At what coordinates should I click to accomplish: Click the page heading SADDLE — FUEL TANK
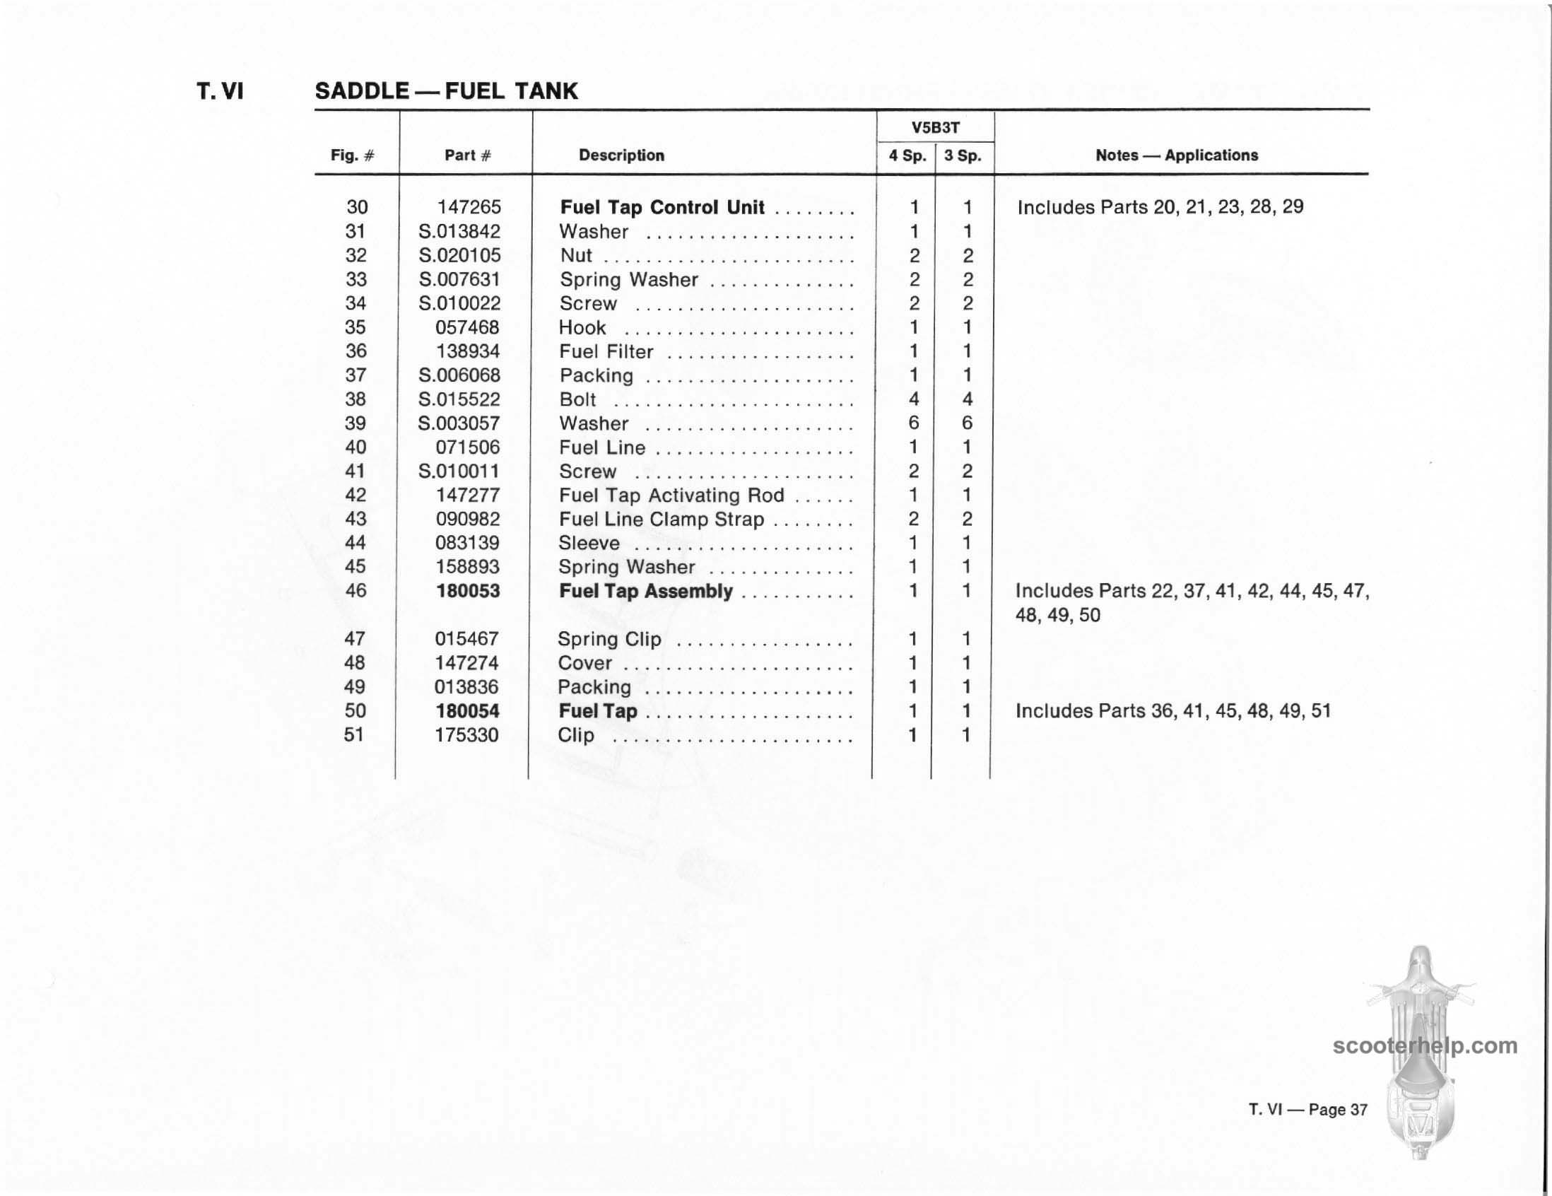446,91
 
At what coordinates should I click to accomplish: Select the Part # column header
468,155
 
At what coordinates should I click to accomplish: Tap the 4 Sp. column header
907,155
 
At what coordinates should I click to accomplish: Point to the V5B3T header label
935,128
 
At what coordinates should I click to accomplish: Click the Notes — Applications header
1176,155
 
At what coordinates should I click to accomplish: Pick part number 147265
469,207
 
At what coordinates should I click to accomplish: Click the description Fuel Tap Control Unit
662,208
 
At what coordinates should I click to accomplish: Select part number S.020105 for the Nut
460,255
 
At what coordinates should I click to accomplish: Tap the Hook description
582,327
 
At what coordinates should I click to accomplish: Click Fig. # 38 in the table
355,399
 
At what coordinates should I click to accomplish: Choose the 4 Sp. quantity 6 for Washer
914,423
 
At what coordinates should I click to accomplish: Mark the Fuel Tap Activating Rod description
671,496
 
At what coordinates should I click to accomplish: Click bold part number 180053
468,590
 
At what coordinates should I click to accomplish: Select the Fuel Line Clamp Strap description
661,520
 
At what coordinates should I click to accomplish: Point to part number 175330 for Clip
466,735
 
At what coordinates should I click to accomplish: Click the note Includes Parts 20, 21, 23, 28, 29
1160,207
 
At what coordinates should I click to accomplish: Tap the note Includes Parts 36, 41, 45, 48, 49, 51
1172,710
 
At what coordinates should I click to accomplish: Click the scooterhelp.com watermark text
1425,1045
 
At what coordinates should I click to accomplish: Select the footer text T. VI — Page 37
1307,1109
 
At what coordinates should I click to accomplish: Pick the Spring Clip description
609,639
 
